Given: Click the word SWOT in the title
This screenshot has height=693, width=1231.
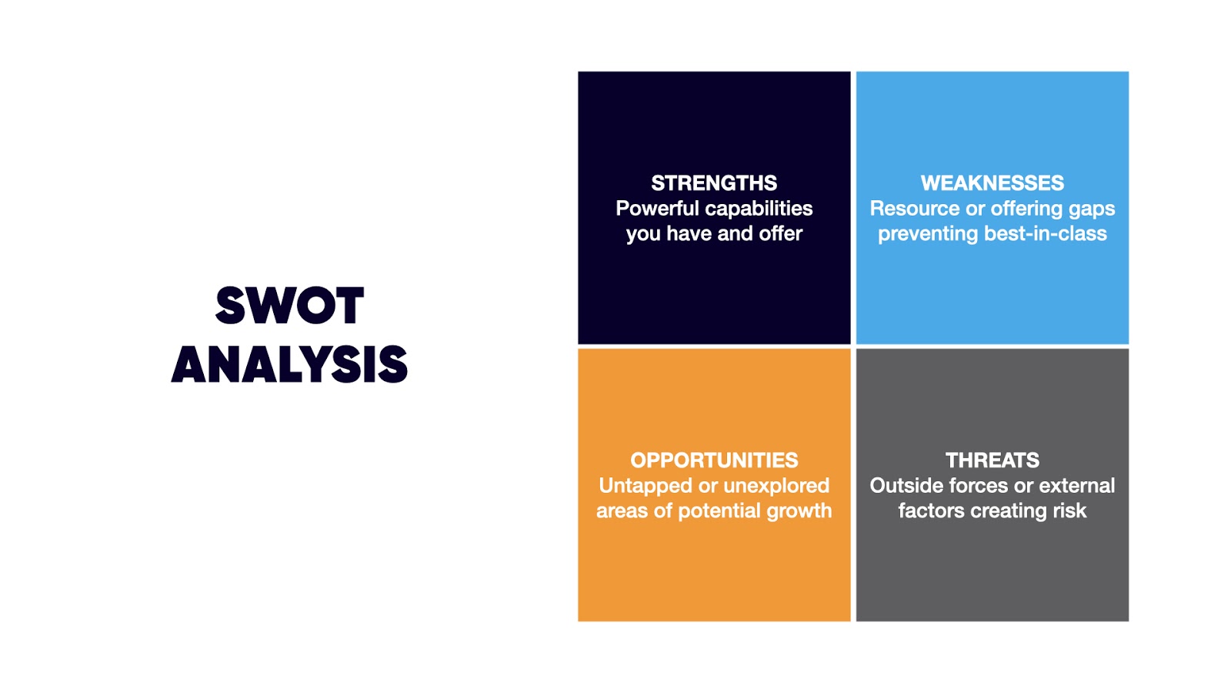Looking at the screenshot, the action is (x=289, y=305).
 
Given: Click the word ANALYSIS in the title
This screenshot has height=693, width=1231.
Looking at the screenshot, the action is (x=289, y=364).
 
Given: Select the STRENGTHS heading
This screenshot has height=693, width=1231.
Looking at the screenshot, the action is (x=714, y=183).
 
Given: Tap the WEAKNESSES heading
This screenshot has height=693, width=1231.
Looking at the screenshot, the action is (x=992, y=183).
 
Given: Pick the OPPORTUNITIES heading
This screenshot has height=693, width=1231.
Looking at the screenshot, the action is (x=714, y=460).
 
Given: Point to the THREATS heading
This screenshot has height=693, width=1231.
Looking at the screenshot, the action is (x=992, y=460).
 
